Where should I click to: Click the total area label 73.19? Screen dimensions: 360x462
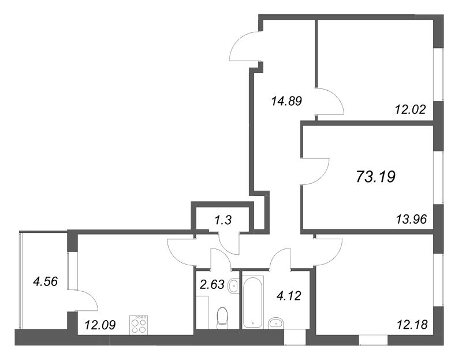[376, 176]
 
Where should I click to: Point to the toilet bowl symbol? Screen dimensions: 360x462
[222, 317]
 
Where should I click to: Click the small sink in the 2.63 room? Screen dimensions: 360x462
[233, 285]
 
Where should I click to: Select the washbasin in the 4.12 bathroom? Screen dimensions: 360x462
[275, 322]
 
